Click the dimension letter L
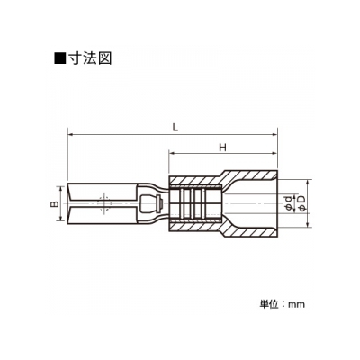[x=175, y=127]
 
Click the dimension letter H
[x=222, y=148]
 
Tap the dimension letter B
[x=54, y=204]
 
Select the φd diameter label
[x=288, y=203]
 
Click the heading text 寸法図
[x=90, y=58]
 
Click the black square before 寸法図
[x=60, y=58]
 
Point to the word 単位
[x=268, y=304]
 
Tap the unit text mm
[x=296, y=305]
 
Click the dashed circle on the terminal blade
[x=103, y=204]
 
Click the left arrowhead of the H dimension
[x=172, y=154]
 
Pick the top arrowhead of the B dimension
[x=61, y=189]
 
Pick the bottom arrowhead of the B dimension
[x=61, y=220]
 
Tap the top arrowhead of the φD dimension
[x=308, y=183]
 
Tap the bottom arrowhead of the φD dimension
[x=308, y=224]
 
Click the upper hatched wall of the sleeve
[x=222, y=179]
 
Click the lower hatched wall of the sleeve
[x=222, y=229]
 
